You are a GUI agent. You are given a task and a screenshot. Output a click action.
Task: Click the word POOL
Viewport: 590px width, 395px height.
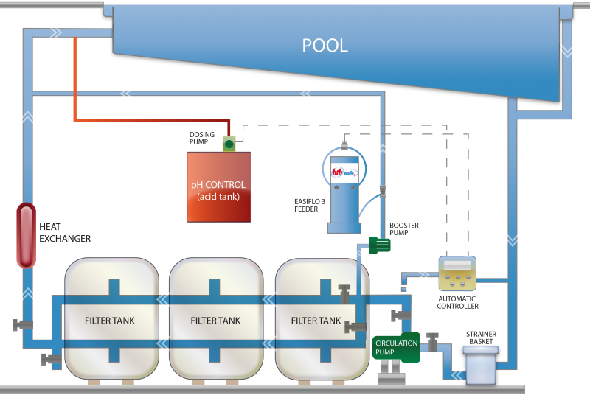[x=324, y=45]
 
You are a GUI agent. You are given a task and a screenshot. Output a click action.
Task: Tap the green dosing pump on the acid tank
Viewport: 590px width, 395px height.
[x=229, y=144]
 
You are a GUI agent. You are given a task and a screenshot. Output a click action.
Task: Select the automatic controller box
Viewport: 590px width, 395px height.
[x=457, y=273]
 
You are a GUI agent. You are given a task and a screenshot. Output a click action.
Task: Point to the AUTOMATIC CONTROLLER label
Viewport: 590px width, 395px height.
[x=457, y=302]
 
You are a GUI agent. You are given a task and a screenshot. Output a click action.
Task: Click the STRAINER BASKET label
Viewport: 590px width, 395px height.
[x=480, y=338]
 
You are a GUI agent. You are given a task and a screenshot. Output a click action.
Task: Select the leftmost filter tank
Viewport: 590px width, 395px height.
[x=111, y=321]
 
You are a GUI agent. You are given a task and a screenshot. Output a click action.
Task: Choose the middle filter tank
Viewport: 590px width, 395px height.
[x=215, y=321]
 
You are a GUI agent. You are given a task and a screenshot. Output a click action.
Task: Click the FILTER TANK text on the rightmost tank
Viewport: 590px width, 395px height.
[x=316, y=321]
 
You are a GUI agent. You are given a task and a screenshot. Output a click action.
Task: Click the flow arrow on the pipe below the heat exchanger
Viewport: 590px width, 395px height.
[x=27, y=295]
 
